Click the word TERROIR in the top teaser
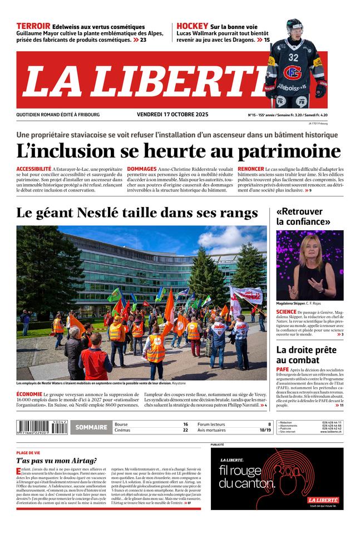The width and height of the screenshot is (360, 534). point(33,26)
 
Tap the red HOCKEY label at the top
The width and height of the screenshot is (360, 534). point(193,26)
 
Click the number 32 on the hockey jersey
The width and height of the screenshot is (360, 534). point(293,57)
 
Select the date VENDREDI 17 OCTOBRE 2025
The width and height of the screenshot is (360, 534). point(172,115)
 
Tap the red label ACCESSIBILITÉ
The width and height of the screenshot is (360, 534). point(34,169)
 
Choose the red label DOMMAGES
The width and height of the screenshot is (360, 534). point(142,169)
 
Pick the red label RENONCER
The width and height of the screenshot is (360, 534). point(250,169)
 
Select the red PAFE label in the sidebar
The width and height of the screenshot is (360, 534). point(282,369)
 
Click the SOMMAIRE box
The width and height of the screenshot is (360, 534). point(91,427)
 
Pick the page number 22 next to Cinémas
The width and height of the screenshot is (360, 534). point(185,430)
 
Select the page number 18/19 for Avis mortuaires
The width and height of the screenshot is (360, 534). point(265,430)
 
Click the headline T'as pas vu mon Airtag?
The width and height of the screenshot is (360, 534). point(56,461)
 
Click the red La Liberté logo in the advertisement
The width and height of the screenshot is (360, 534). point(323,500)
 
